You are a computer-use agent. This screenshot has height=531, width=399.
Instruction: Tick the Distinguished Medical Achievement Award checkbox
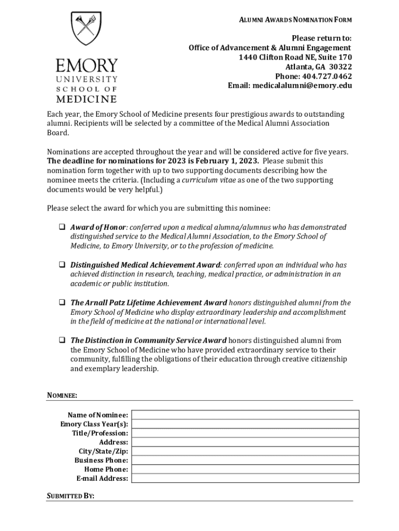pyautogui.click(x=61, y=265)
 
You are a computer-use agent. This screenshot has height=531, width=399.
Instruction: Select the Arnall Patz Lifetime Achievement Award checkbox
pyautogui.click(x=61, y=303)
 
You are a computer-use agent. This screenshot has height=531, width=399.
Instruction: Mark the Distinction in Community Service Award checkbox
pyautogui.click(x=61, y=341)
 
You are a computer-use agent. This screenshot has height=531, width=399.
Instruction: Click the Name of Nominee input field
pyautogui.click(x=245, y=415)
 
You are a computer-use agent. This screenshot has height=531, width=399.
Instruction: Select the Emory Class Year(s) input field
pyautogui.click(x=245, y=424)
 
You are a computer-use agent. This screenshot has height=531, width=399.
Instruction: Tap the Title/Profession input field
pyautogui.click(x=245, y=433)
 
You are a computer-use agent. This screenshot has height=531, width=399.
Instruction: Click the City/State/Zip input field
pyautogui.click(x=245, y=451)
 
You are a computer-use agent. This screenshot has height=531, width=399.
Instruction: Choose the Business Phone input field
pyautogui.click(x=245, y=460)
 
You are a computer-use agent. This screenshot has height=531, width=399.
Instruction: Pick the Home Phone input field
pyautogui.click(x=245, y=469)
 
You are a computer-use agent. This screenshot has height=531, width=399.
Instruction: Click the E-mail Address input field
pyautogui.click(x=245, y=478)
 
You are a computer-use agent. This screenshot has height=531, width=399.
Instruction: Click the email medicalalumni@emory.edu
pyautogui.click(x=302, y=86)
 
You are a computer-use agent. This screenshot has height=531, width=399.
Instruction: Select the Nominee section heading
pyautogui.click(x=62, y=396)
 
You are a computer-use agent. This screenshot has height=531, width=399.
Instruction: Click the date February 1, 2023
pyautogui.click(x=227, y=161)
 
